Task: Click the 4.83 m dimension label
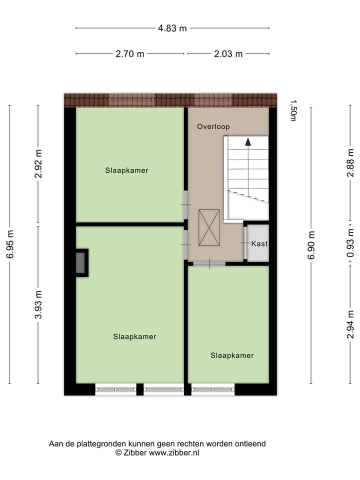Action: (x=172, y=28)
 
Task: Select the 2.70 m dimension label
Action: (x=130, y=54)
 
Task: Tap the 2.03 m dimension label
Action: (x=228, y=54)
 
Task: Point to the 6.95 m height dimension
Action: (x=10, y=244)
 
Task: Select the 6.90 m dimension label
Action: (x=311, y=244)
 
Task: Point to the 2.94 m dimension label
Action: (x=350, y=324)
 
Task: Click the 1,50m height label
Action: (x=293, y=110)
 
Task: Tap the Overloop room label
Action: (x=213, y=126)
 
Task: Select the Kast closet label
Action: (x=259, y=244)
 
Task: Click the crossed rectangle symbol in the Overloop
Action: (x=209, y=227)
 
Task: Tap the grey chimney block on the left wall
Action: (x=80, y=262)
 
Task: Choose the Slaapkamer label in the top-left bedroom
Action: (x=126, y=170)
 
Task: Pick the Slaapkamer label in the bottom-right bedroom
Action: (x=232, y=355)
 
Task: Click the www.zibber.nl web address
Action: (x=174, y=452)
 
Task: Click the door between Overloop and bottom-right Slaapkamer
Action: (x=209, y=263)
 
